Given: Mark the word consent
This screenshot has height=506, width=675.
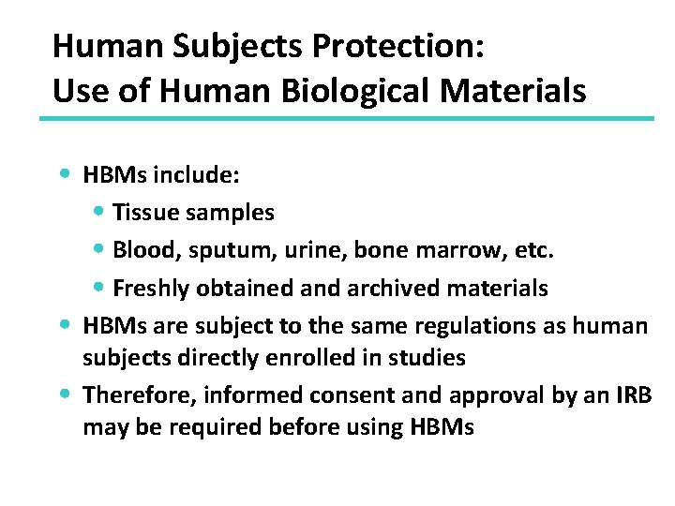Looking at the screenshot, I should [x=326, y=395].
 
